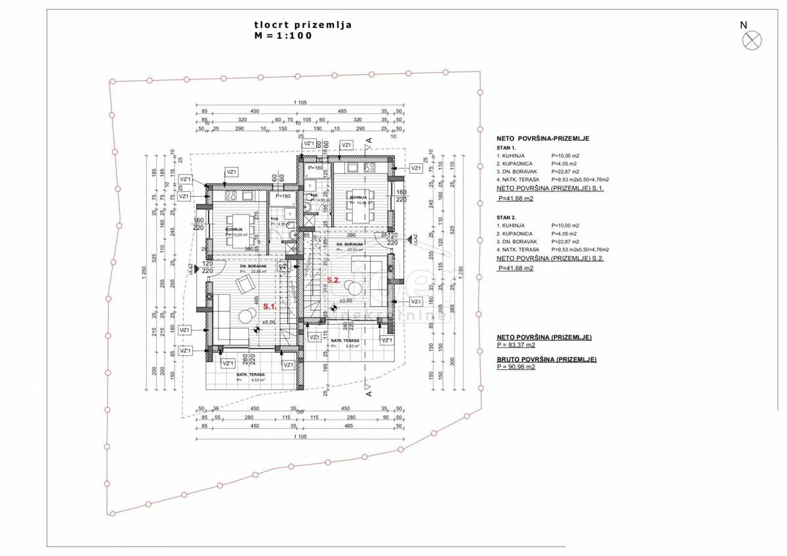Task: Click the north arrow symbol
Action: (x=752, y=40)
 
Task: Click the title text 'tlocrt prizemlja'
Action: (x=303, y=25)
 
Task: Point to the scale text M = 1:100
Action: (x=285, y=36)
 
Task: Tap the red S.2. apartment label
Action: (x=333, y=280)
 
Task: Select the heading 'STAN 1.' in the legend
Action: (x=507, y=148)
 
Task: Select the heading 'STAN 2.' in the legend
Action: (x=507, y=216)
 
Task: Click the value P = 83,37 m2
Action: (x=516, y=344)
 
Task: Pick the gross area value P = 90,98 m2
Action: (x=516, y=367)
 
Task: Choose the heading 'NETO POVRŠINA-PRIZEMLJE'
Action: (x=544, y=138)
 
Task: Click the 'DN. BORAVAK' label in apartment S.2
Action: (x=350, y=245)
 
